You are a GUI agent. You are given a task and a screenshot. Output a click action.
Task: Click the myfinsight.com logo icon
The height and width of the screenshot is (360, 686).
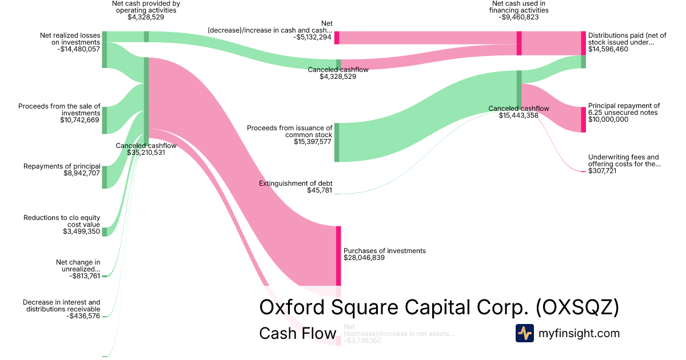click(524, 333)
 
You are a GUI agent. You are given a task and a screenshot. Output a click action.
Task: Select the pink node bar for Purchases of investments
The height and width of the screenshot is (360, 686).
click(338, 255)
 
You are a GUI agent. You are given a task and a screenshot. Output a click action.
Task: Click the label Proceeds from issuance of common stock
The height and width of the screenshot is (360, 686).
click(289, 131)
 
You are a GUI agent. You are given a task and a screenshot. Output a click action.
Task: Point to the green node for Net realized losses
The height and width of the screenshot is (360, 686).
click(105, 50)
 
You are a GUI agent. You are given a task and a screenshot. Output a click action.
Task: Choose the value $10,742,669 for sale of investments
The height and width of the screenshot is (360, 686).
click(80, 120)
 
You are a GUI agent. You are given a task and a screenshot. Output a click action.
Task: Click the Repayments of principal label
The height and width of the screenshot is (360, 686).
click(62, 166)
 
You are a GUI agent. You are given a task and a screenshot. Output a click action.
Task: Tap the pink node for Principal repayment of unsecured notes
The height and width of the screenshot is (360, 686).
click(583, 119)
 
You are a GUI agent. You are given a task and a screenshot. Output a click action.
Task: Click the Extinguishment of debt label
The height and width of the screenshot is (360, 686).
click(295, 183)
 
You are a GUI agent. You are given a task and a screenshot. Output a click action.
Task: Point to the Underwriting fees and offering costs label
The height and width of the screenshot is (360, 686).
click(624, 161)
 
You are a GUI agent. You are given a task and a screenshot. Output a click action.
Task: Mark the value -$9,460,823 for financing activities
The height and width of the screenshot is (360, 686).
click(519, 17)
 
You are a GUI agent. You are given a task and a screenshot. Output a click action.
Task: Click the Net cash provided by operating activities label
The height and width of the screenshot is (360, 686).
click(146, 7)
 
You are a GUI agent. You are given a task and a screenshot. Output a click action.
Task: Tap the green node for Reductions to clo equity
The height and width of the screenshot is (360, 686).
click(105, 231)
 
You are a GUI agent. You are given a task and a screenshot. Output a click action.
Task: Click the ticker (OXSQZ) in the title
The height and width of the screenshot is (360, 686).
click(577, 307)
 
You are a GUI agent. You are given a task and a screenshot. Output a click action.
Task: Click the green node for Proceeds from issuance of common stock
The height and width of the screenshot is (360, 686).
click(337, 142)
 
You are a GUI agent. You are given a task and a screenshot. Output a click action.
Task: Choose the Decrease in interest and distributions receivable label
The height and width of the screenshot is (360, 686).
click(61, 306)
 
